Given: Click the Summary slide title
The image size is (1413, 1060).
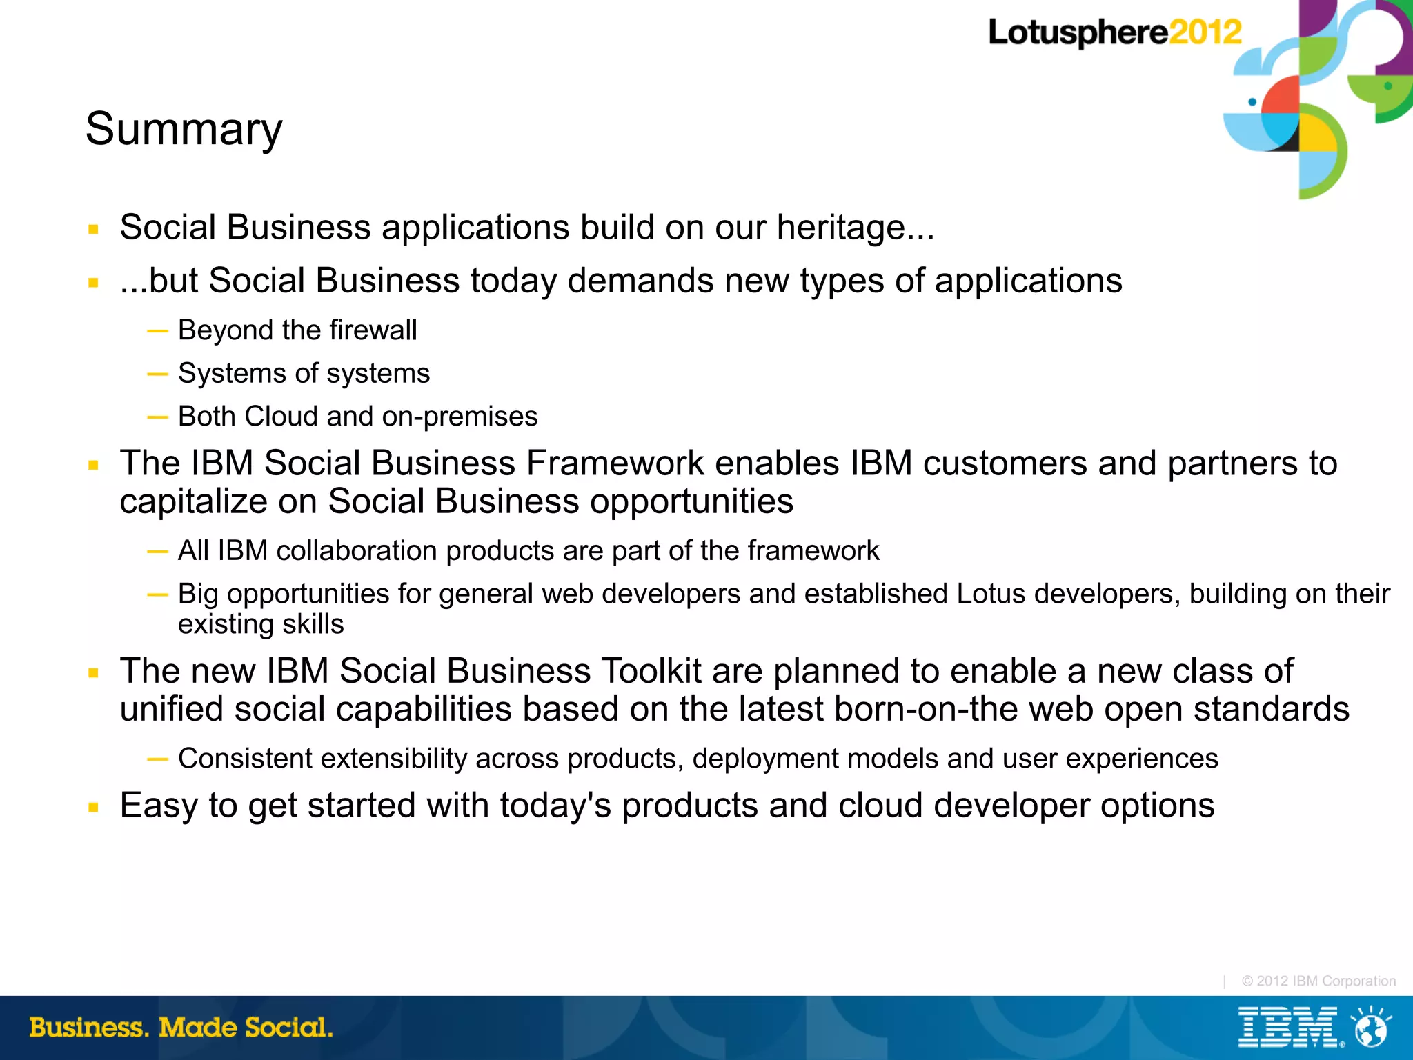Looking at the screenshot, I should [x=184, y=130].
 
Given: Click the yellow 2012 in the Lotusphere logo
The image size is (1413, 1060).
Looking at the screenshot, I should [x=1205, y=32].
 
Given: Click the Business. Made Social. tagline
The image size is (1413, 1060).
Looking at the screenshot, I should [x=181, y=1028].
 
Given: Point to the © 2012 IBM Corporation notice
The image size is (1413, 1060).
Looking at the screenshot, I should [x=1318, y=981].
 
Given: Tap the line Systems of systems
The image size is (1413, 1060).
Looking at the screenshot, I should [x=304, y=374].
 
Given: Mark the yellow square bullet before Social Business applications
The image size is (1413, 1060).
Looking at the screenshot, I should [x=94, y=230].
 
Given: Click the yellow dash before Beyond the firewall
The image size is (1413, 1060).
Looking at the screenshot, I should [x=157, y=331].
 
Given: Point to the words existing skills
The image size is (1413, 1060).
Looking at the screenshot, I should [x=261, y=624].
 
